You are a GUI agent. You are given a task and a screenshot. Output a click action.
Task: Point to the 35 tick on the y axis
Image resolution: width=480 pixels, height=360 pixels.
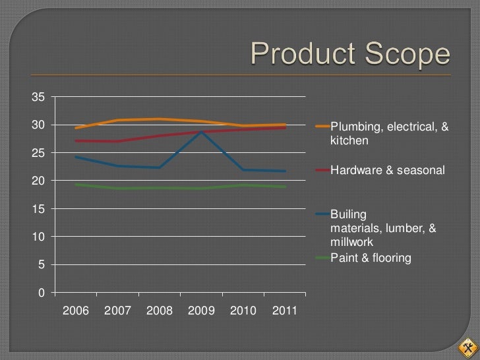(38, 97)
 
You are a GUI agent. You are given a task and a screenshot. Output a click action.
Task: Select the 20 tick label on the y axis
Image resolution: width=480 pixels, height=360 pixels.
(38, 181)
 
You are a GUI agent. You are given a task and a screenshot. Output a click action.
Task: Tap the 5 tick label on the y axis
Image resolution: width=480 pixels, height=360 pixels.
(42, 264)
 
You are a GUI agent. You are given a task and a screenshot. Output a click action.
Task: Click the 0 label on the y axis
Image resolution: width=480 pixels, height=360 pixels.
(42, 293)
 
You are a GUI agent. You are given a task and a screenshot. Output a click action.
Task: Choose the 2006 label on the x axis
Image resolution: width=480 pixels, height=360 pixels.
(76, 311)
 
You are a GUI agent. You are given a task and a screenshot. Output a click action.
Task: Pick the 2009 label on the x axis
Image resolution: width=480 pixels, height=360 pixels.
(201, 311)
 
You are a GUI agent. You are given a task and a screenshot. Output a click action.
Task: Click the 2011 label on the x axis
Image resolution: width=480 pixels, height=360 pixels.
(285, 311)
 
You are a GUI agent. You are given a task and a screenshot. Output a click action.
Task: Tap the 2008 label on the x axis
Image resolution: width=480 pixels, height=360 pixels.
(160, 311)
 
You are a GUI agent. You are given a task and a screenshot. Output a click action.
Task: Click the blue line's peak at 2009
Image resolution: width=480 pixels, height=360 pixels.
(201, 132)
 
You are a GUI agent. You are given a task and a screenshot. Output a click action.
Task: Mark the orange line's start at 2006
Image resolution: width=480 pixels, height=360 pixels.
(76, 128)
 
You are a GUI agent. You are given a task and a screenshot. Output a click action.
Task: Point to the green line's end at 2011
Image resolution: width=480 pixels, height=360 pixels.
(285, 187)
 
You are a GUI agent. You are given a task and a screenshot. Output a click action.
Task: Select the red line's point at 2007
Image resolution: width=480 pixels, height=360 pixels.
(117, 141)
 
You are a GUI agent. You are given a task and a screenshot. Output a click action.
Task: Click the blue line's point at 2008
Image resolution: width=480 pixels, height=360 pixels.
(160, 167)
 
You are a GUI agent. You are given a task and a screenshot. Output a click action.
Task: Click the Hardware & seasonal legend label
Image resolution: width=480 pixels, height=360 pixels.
(388, 170)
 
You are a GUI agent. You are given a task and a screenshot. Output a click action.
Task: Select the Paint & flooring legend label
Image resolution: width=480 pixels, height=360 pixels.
(371, 258)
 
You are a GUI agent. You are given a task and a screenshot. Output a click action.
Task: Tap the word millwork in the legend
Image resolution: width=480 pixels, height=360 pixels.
(351, 242)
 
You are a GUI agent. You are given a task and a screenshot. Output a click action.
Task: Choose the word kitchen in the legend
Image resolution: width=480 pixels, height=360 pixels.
(349, 140)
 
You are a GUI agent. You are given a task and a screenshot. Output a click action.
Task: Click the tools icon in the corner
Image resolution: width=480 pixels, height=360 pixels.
(467, 347)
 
